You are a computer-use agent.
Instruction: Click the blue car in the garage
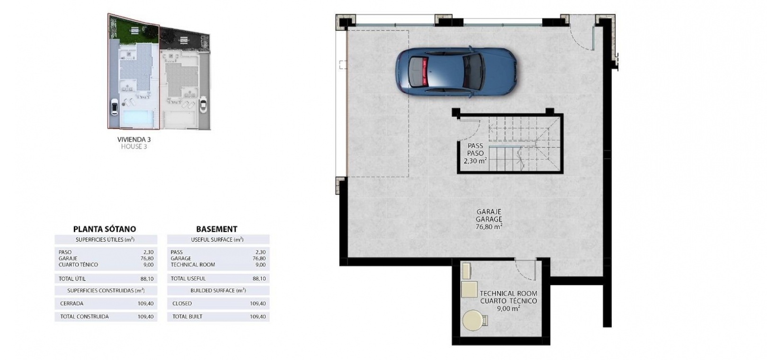(x=456, y=72)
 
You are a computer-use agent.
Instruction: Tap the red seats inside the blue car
(x=425, y=72)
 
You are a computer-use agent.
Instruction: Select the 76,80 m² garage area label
(x=489, y=226)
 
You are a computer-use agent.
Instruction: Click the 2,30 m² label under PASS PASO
(x=475, y=160)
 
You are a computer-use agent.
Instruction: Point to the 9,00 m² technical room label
(x=508, y=308)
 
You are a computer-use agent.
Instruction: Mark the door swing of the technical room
(x=526, y=270)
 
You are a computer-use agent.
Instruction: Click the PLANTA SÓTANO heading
(x=105, y=229)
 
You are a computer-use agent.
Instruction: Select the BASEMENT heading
(x=217, y=229)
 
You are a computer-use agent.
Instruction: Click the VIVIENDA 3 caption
(x=134, y=139)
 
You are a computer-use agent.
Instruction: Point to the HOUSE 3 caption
(x=134, y=146)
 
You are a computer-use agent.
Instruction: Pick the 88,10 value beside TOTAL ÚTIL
(x=147, y=279)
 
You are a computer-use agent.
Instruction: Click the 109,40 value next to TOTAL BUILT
(x=258, y=316)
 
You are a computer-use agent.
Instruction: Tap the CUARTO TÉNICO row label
(x=79, y=264)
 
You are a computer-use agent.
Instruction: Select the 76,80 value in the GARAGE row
(x=259, y=258)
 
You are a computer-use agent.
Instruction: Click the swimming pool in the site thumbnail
(x=137, y=117)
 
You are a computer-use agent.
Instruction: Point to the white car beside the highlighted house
(x=114, y=107)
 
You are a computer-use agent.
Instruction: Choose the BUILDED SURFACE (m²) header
(x=218, y=290)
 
